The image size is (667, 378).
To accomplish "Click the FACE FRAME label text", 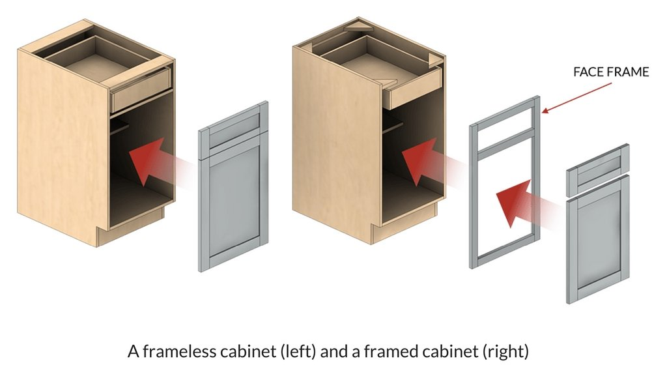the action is coord(611,72).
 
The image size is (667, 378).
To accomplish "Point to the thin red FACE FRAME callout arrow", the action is coord(576,98).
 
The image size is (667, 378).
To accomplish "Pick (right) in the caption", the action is coord(505,352).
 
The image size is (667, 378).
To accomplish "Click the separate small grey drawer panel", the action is coord(598,170).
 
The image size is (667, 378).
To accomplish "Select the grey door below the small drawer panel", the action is coord(598,239).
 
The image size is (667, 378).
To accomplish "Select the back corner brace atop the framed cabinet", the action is coord(358,26).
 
